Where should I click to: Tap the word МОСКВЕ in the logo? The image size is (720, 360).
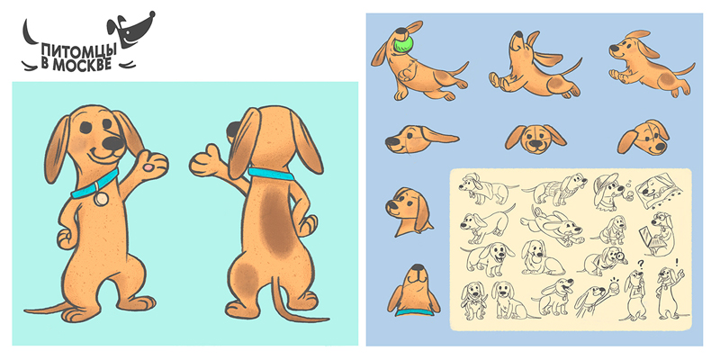(82, 64)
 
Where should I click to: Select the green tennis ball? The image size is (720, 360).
(403, 44)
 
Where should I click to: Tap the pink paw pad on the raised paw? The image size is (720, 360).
(148, 167)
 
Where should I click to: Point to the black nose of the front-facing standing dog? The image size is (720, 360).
(113, 144)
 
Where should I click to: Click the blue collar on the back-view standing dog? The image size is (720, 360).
(271, 174)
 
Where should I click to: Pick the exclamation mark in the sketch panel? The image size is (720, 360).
(677, 263)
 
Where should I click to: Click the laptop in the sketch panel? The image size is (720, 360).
(648, 238)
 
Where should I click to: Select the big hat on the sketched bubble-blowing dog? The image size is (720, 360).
(603, 184)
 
